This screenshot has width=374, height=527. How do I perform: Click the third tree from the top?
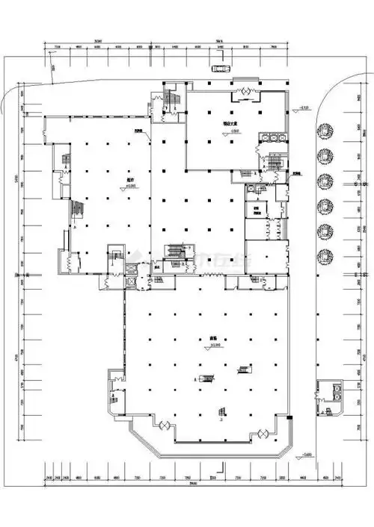point(325,181)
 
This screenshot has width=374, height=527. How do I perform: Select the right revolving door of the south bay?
point(263,433)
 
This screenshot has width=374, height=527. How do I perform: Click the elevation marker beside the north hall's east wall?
point(302,110)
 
